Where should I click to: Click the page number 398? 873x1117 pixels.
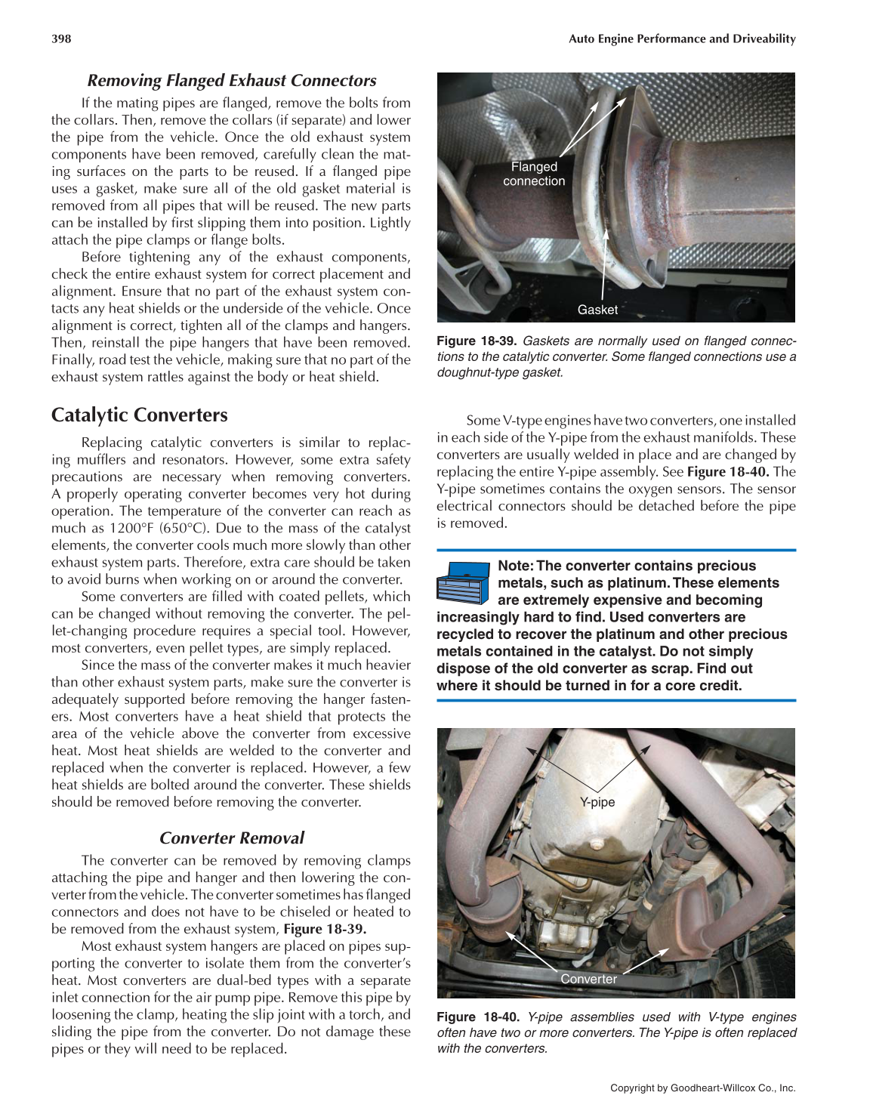point(61,39)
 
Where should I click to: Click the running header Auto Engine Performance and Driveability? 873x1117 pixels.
point(682,39)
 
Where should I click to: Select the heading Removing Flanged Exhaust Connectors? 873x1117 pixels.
point(231,81)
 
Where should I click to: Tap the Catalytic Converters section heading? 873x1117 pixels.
point(139,415)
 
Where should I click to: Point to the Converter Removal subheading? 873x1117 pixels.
point(231,838)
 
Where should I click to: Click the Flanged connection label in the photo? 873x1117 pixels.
point(534,174)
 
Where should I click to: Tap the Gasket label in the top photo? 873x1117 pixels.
point(597,310)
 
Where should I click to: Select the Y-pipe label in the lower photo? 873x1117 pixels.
point(597,802)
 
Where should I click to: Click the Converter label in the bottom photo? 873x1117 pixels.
point(588,979)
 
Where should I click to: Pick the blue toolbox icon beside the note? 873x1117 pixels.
point(463,582)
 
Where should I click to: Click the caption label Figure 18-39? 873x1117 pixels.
point(477,341)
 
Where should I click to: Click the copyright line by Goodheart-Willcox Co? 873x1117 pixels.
point(702,1088)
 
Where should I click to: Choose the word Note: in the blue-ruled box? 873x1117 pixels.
point(516,566)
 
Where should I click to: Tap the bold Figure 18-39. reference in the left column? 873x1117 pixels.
point(325,929)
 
